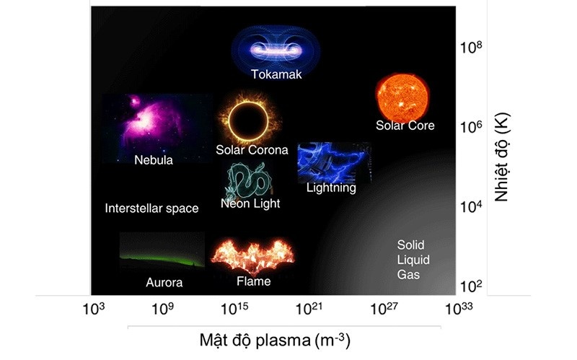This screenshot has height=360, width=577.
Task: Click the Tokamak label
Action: pos(276,74)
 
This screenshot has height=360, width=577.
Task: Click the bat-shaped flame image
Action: pos(252,255)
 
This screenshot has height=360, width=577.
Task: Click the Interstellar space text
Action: pos(151,208)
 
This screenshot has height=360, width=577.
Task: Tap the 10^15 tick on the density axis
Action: pos(239,309)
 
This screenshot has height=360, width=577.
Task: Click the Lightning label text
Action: pos(331,188)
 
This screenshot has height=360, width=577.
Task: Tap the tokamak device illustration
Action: pos(276,47)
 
